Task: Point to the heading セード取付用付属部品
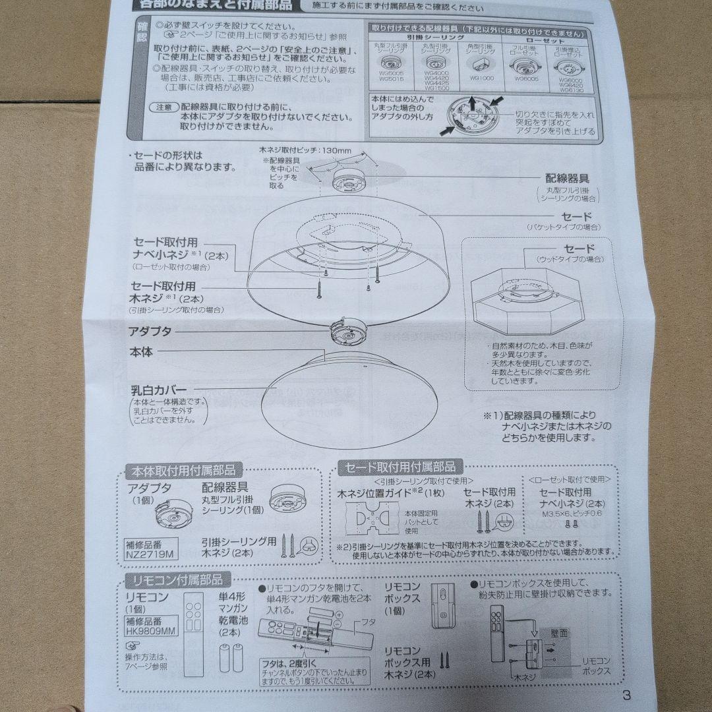point(401,467)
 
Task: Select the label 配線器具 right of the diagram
point(566,178)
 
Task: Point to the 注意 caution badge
point(164,107)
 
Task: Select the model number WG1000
point(482,77)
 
